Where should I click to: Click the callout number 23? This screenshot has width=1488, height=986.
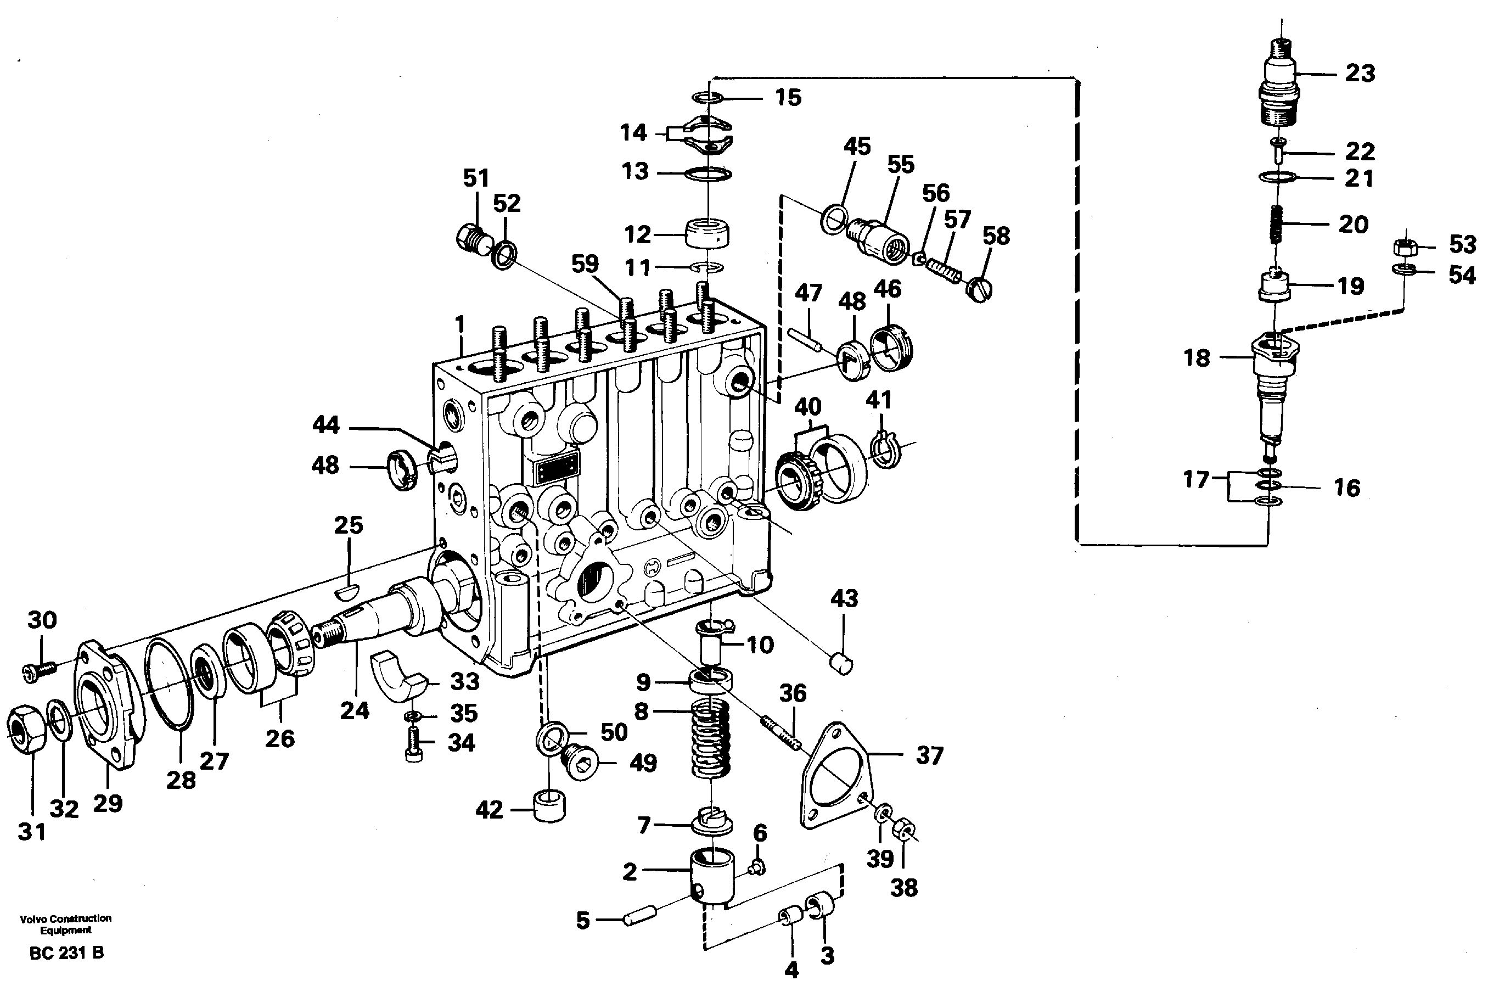coord(1360,74)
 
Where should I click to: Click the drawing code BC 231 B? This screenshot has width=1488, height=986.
coord(66,953)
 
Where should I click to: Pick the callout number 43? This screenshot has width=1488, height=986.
coord(844,598)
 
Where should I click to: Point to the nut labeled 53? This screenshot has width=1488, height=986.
coord(1405,246)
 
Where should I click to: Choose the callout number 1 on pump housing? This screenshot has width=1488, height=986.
coord(460,325)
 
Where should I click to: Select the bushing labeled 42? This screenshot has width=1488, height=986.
coord(549,808)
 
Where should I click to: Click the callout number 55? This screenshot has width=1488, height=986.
coord(900,165)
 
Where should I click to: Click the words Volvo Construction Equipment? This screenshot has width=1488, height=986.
coord(65,924)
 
